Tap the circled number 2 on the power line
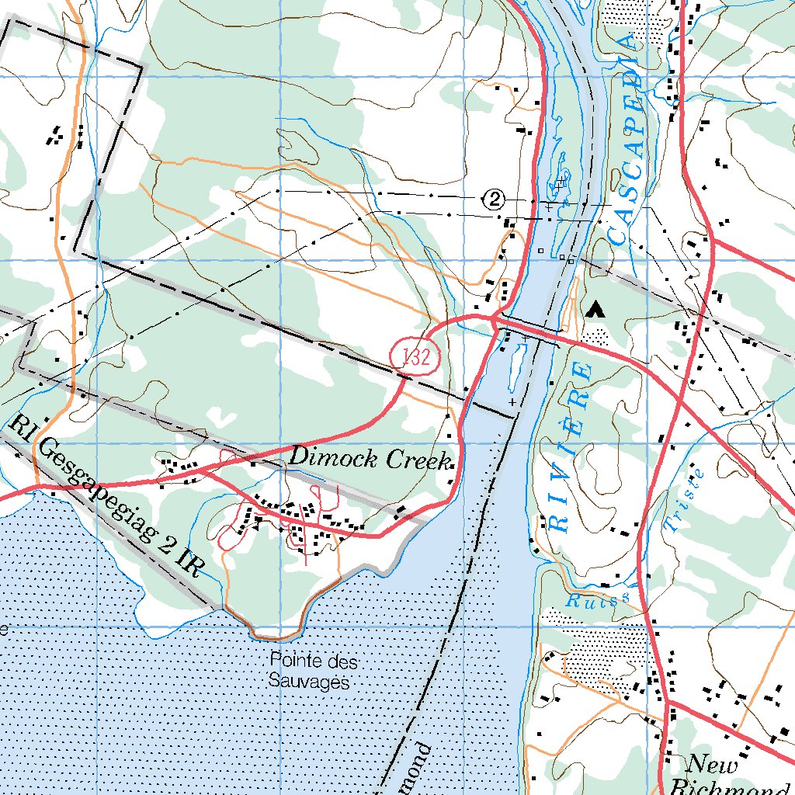point(495,200)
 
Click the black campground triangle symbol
point(595,310)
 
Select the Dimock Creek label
point(369,459)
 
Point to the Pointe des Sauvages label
point(308,672)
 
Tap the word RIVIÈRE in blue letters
point(571,446)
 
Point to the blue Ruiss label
point(595,599)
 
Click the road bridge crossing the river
point(528,329)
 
